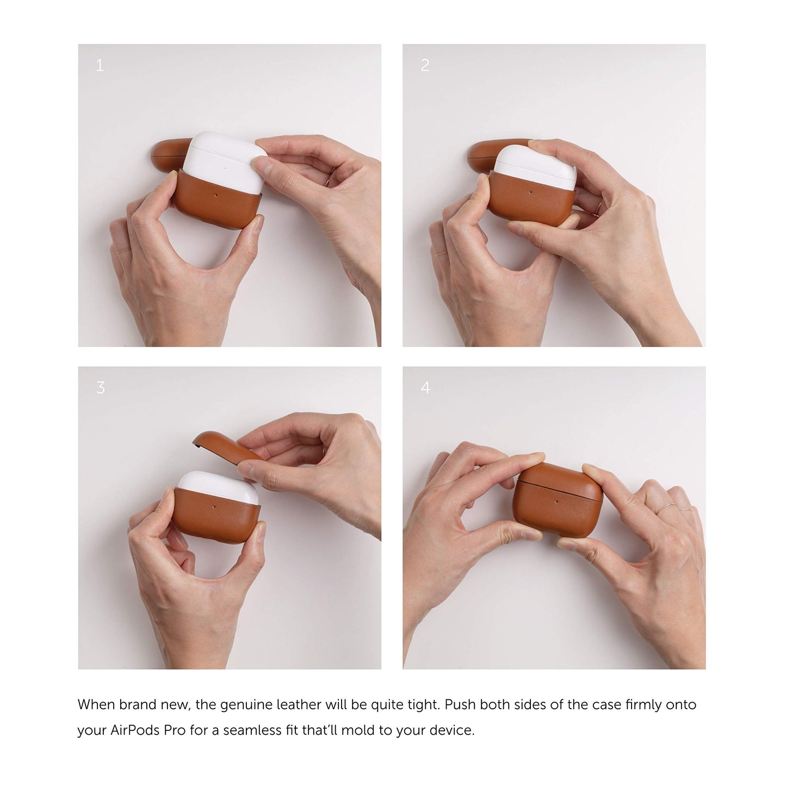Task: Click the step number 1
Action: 100,65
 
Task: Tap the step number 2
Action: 425,65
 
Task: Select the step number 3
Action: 100,387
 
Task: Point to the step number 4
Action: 425,387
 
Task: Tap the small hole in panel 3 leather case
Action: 215,506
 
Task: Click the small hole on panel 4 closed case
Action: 556,502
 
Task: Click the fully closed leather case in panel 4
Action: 557,499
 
